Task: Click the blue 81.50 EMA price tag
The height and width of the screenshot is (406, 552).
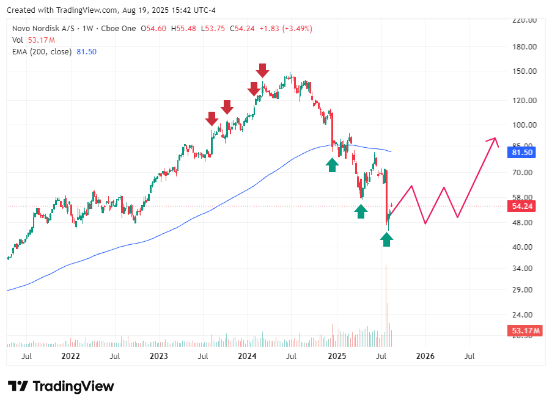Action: point(523,153)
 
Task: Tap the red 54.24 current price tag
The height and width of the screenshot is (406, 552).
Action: point(523,206)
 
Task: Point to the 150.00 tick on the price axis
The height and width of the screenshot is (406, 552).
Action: point(524,71)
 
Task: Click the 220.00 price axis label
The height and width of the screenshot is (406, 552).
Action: point(524,20)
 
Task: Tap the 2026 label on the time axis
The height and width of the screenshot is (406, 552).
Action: point(425,355)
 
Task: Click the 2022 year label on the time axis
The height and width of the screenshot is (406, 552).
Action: point(71,355)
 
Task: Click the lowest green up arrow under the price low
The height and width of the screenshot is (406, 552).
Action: point(386,239)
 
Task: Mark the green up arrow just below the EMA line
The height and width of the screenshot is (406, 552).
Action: point(332,164)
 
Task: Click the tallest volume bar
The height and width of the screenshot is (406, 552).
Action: point(386,299)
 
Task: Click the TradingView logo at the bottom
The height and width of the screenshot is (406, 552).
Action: point(62,386)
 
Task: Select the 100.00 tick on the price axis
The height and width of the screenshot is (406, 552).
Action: point(524,125)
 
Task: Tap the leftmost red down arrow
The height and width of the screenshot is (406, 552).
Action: point(212,118)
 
